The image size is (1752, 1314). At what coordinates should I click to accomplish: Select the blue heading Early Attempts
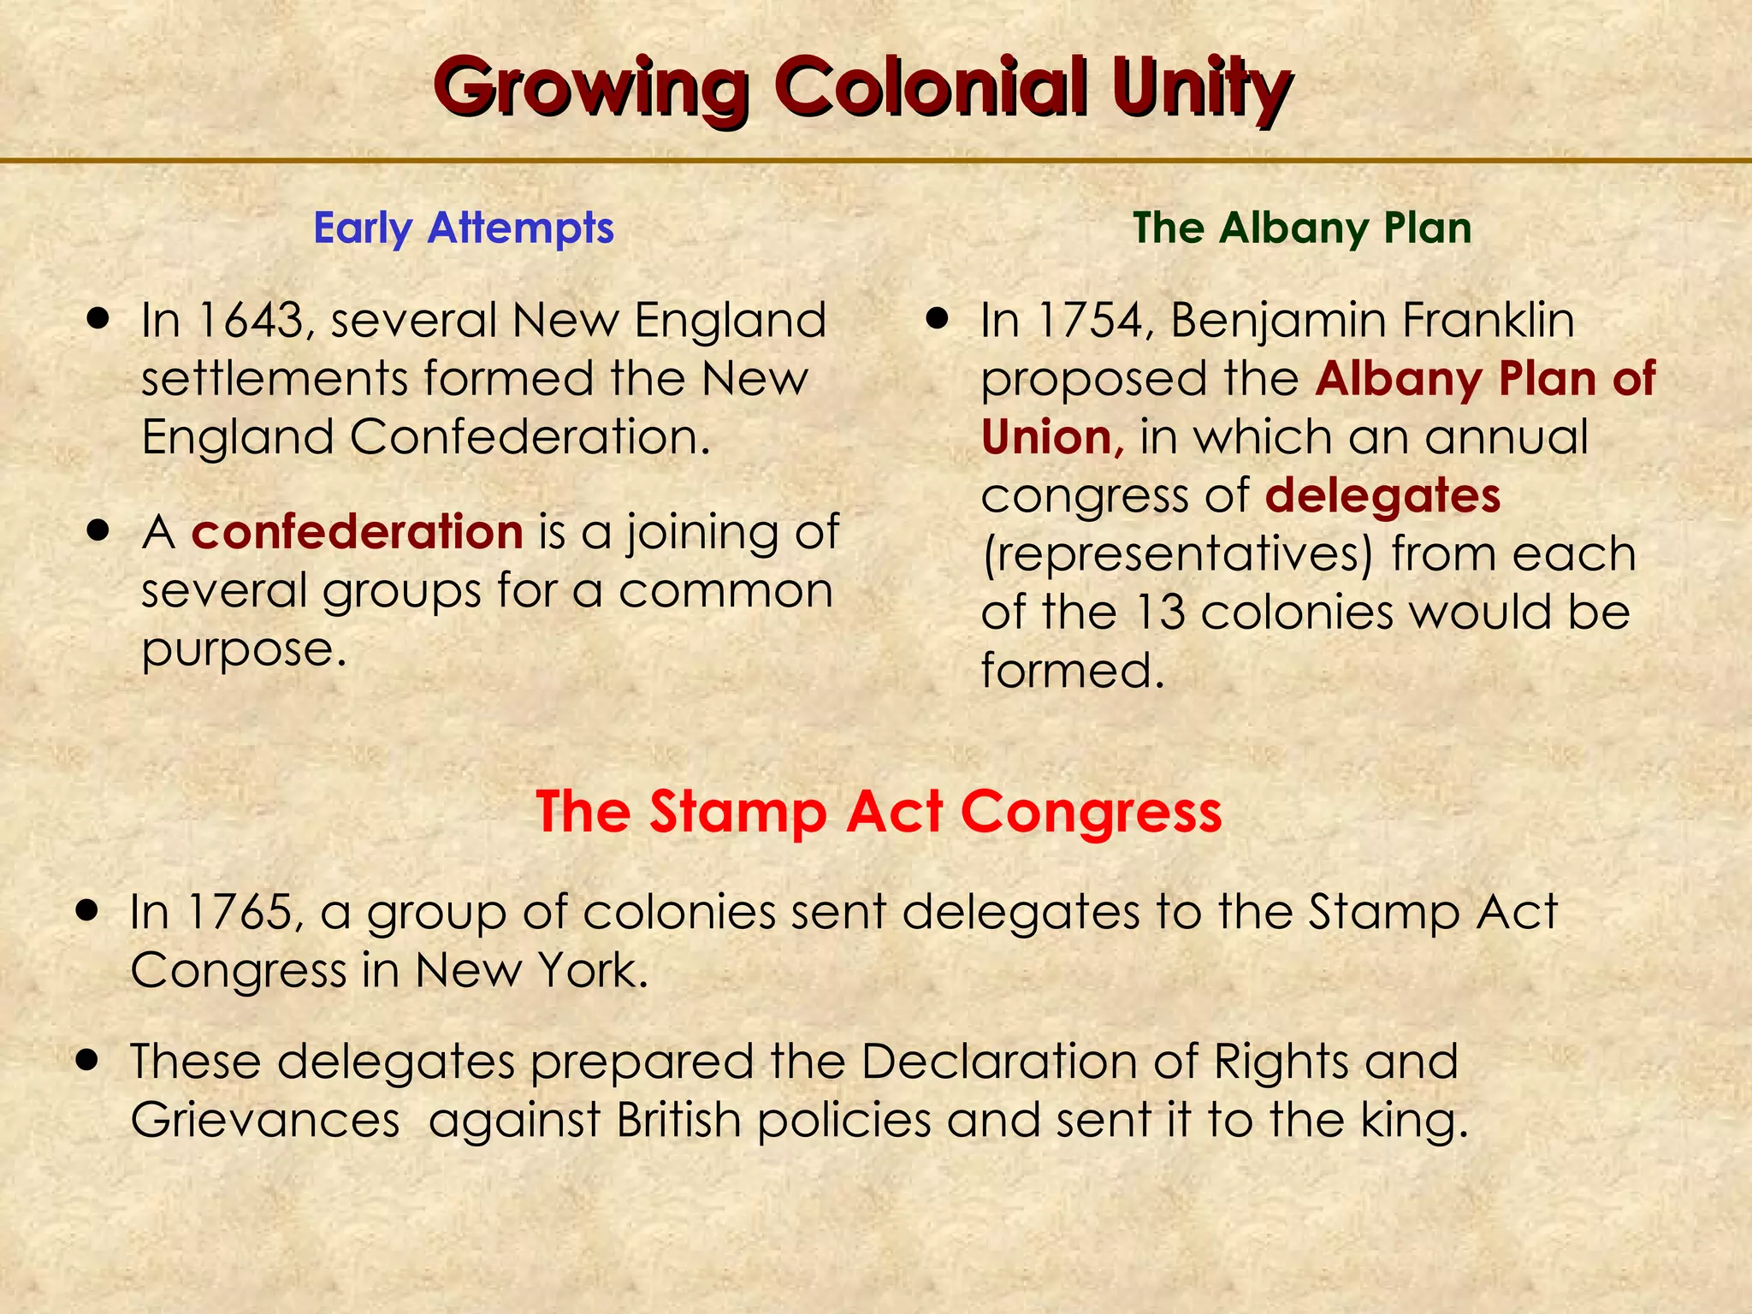coord(464,228)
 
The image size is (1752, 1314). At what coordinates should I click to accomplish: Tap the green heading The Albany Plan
coord(1302,228)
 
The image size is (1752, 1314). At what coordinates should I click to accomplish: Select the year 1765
coord(237,912)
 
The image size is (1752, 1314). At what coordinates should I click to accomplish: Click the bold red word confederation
coord(357,532)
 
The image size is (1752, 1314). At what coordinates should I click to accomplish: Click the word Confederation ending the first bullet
coord(530,438)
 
